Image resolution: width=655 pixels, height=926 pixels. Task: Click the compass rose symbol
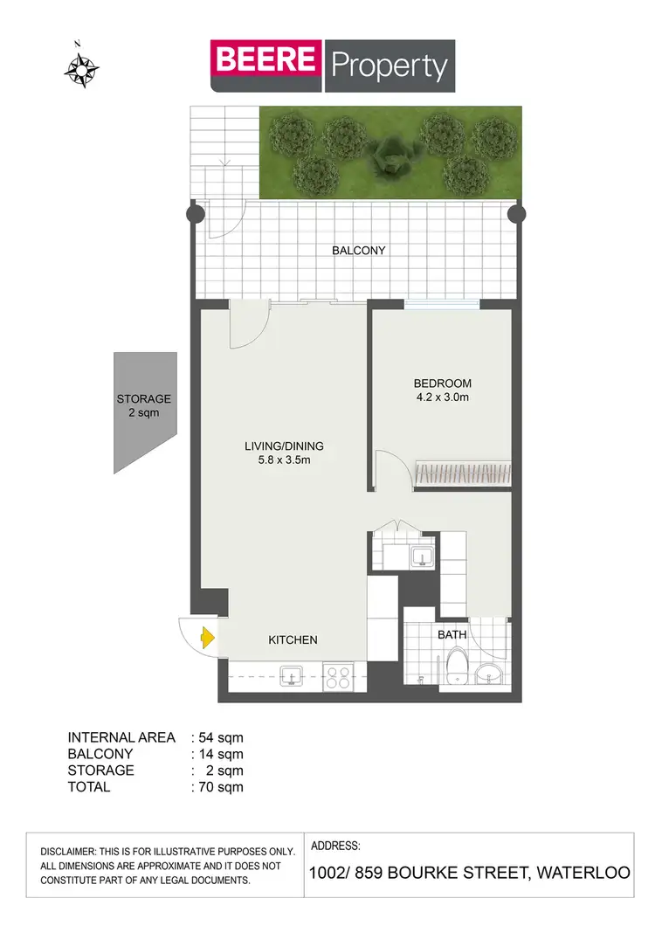coord(80,69)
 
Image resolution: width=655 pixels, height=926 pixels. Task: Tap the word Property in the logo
coord(389,66)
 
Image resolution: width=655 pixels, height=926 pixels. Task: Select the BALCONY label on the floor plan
coord(358,251)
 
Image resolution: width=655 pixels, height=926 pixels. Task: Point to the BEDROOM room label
coord(442,384)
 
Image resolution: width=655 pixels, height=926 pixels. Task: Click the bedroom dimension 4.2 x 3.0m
coord(442,398)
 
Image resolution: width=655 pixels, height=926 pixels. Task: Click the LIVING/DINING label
coord(278,446)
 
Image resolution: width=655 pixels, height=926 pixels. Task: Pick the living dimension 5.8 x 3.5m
coord(278,460)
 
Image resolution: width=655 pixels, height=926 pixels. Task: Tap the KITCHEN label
coord(293,640)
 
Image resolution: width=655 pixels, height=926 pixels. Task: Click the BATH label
coord(452,635)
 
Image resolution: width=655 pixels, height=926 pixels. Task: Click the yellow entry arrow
coord(207,639)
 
